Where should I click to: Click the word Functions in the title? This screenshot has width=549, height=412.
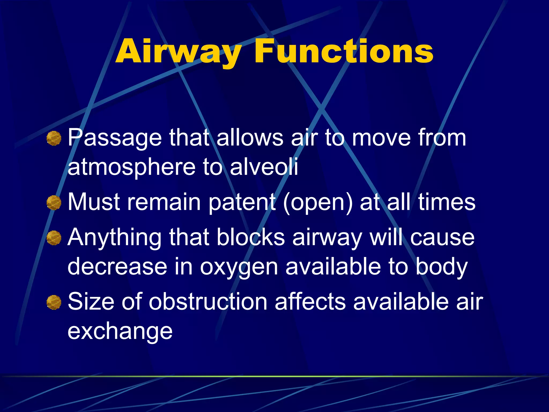(x=344, y=51)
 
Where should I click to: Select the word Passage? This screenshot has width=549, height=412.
(x=115, y=138)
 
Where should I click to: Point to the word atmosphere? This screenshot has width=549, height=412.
(x=131, y=167)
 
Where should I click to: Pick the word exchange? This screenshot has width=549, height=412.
(x=120, y=332)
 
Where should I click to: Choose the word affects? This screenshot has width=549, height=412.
(x=310, y=302)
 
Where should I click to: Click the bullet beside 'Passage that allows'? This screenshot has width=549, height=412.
(x=54, y=138)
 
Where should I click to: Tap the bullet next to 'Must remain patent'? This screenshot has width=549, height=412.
(x=54, y=203)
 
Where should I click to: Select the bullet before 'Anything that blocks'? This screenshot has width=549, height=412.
(x=54, y=238)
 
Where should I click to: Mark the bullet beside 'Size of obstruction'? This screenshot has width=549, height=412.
(x=54, y=302)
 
